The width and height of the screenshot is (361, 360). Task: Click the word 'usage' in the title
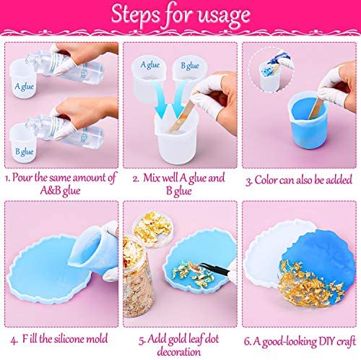point(224,16)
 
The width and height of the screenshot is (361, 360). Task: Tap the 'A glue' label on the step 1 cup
point(24,87)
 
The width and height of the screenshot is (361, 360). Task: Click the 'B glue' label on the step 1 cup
point(25,152)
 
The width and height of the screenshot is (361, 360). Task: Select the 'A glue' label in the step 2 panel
point(150,65)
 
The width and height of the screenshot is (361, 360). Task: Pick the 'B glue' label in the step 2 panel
point(190,65)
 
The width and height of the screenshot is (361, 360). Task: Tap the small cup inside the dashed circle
point(269,76)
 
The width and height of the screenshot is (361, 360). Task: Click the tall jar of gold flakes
point(136,276)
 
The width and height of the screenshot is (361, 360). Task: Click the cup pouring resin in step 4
point(92,251)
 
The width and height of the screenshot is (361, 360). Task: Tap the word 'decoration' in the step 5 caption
point(179,352)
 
